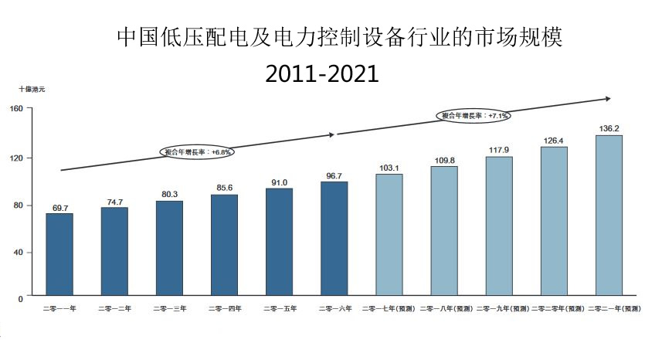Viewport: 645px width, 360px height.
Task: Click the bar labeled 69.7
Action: (59, 254)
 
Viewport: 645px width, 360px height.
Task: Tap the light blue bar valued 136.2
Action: (608, 216)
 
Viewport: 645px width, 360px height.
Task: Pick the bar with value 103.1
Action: (389, 235)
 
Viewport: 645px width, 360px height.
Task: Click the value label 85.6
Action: (224, 188)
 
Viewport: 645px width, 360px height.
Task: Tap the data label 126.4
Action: (554, 140)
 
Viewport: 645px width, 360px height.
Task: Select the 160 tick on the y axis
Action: (16, 108)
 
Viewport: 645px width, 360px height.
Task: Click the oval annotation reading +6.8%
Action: (198, 152)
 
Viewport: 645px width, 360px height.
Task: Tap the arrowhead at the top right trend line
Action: (607, 99)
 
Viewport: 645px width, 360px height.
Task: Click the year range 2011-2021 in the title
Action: (321, 74)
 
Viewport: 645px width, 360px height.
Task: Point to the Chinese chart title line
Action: (339, 36)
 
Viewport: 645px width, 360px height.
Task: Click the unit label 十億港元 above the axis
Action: (32, 90)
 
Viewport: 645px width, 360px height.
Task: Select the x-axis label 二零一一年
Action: (59, 309)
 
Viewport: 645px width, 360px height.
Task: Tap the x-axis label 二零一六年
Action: (334, 309)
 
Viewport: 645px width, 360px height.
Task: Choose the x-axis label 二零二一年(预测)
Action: (613, 309)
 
